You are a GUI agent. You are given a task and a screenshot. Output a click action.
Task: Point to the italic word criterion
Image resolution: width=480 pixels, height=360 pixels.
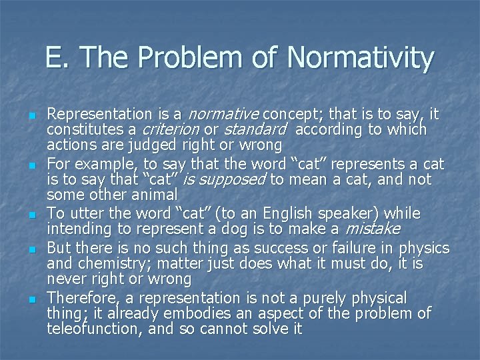(171, 129)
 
